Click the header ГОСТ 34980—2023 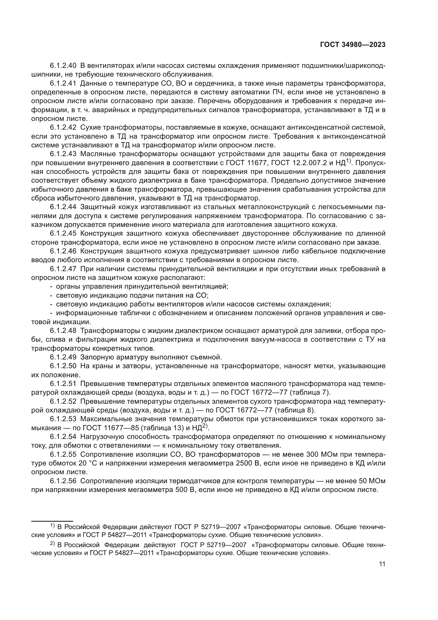point(352,45)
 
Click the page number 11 point(382,564)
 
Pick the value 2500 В point(247,463)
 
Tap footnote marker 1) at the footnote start point(52,526)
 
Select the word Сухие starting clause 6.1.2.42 point(91,127)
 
